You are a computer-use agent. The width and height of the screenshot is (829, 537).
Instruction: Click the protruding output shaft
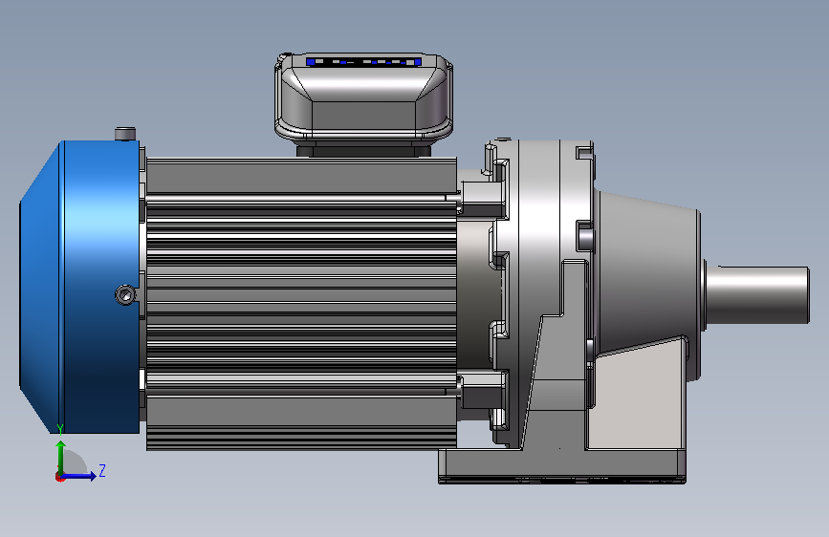pos(757,294)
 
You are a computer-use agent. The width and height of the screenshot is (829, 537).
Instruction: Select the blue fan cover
pos(79,287)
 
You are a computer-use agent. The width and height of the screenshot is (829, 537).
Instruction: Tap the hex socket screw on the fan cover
pos(125,295)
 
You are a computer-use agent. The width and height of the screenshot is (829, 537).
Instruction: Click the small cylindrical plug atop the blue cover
pos(125,134)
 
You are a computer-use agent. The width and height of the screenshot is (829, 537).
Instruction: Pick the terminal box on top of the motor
pos(363,98)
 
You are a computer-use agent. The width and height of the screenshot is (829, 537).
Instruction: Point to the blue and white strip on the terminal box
pos(363,62)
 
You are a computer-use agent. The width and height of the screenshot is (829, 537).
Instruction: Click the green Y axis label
pos(60,430)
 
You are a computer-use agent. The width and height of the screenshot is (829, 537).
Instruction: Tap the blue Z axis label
pos(102,470)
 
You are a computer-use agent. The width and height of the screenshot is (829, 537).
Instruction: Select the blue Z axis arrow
pos(78,476)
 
